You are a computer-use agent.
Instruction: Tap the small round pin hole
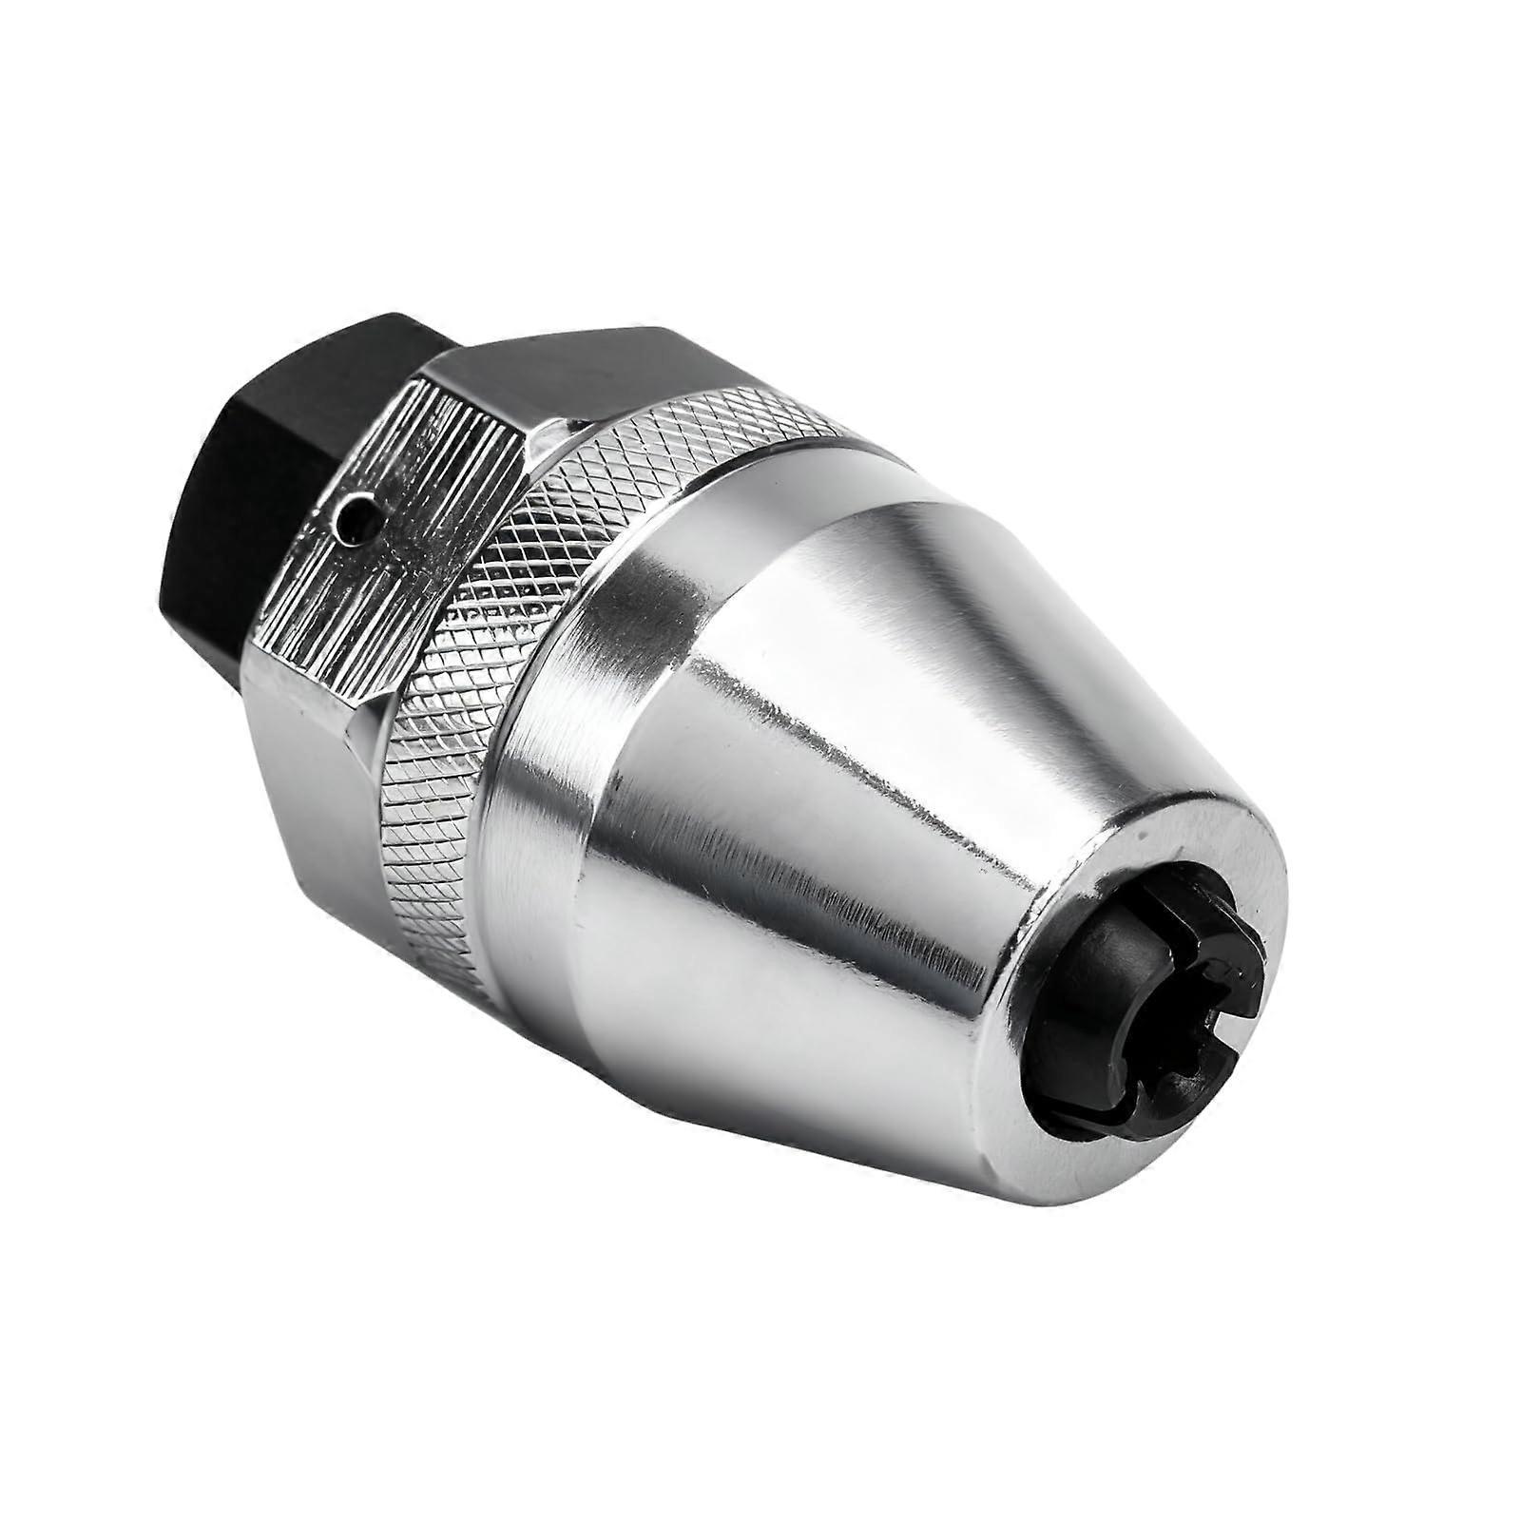click(x=357, y=519)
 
